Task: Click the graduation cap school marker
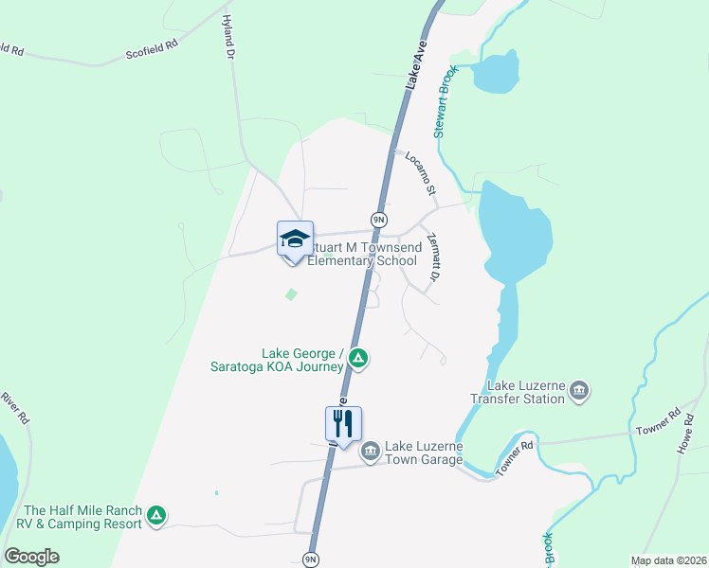tap(295, 238)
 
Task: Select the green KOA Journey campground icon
tap(358, 358)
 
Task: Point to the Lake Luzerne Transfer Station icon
tap(580, 390)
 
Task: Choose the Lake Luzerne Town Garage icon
tap(371, 449)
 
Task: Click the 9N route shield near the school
tap(378, 220)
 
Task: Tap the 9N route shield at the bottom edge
tap(310, 559)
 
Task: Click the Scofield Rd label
tap(152, 49)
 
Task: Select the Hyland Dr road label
tap(227, 37)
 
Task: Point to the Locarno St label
tap(420, 173)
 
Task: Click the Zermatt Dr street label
tap(435, 257)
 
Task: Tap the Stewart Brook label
tap(446, 101)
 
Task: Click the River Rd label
tap(16, 407)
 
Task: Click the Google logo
tap(31, 557)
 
